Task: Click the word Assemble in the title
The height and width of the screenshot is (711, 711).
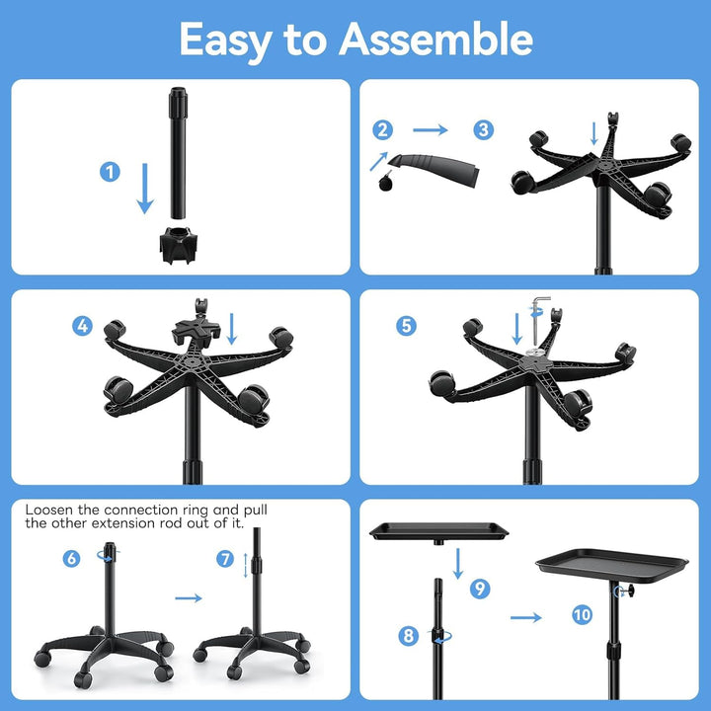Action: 435,39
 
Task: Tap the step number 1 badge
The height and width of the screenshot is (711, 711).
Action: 110,172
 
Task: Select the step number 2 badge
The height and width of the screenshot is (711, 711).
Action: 383,130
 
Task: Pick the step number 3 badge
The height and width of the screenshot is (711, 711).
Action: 483,130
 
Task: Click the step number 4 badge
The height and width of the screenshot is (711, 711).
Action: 83,326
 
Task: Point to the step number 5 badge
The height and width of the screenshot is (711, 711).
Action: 406,326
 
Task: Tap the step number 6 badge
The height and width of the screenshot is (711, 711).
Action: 71,559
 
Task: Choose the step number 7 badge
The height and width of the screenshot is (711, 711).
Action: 225,559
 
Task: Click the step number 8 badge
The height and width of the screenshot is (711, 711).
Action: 408,635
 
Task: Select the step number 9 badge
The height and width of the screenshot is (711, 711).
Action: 480,589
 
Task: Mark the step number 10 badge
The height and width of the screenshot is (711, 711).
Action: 583,615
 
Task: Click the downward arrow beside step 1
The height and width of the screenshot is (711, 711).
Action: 145,189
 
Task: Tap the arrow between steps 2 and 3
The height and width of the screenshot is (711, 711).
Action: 431,130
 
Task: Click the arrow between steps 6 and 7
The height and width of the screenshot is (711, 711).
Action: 189,598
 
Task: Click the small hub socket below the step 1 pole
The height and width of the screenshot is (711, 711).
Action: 179,245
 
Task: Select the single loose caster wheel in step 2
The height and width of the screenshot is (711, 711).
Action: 386,182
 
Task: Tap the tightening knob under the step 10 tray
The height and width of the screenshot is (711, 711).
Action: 630,592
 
